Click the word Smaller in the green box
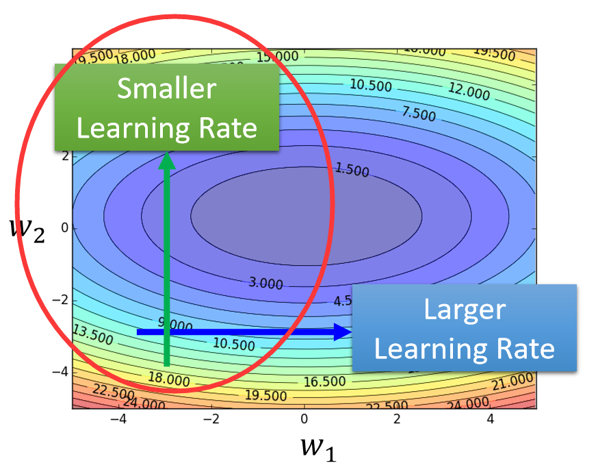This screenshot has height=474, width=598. (167, 89)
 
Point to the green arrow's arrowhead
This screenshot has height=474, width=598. (167, 160)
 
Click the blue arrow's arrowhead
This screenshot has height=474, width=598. (343, 332)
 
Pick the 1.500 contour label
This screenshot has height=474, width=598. (352, 169)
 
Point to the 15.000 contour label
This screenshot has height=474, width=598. (278, 55)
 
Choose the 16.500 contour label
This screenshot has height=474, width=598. (324, 380)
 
